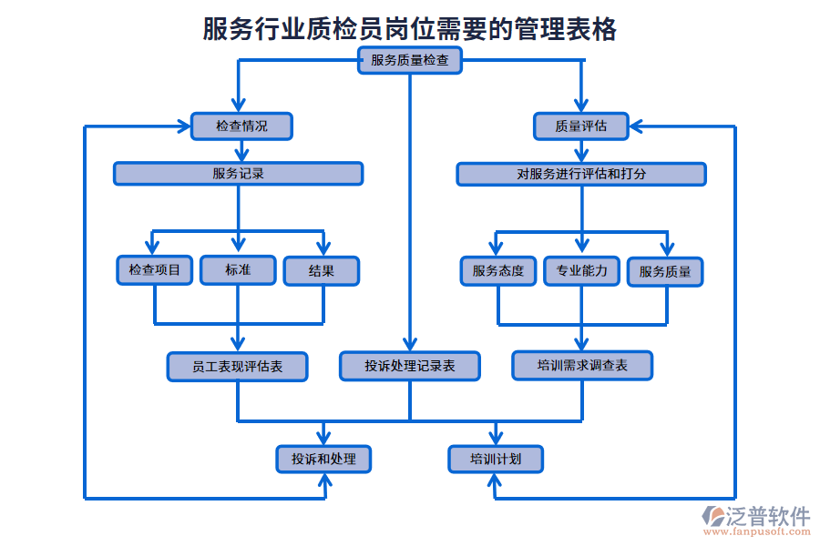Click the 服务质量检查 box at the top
click(x=409, y=61)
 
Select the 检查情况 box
click(x=241, y=126)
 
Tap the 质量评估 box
click(x=580, y=126)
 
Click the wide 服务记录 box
click(x=238, y=173)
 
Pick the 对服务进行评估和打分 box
click(x=580, y=173)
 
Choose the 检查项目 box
click(x=155, y=270)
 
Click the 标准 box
click(x=238, y=270)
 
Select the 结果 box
click(x=321, y=270)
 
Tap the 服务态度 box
click(x=497, y=270)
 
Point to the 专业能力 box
click(x=581, y=270)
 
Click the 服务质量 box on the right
click(x=665, y=270)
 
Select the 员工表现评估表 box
click(x=237, y=366)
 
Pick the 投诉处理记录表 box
click(x=409, y=366)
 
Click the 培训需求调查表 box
click(x=581, y=366)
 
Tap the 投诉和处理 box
click(x=323, y=460)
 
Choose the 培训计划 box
click(x=496, y=460)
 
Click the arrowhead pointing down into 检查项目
click(x=154, y=247)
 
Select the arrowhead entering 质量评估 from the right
click(x=638, y=126)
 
